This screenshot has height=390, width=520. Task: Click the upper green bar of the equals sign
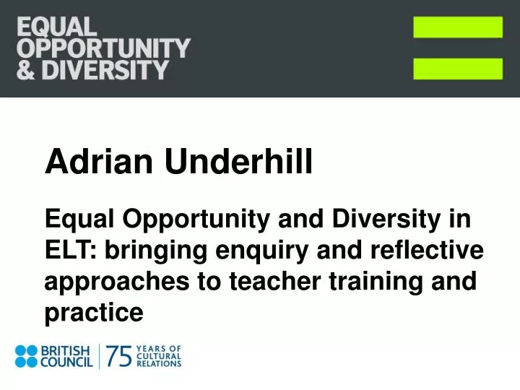point(458,27)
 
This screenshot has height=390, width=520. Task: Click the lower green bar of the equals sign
point(458,69)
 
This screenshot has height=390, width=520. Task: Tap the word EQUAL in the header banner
point(56,28)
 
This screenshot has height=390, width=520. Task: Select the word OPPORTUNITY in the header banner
point(103,49)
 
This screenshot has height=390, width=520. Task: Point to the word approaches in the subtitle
point(109,282)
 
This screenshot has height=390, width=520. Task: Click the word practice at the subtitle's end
point(94,313)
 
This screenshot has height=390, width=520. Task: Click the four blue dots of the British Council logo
point(27,357)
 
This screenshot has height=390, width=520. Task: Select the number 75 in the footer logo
point(120,357)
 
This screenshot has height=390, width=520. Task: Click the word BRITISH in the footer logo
point(66,350)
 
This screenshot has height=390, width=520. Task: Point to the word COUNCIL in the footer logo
point(66,363)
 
